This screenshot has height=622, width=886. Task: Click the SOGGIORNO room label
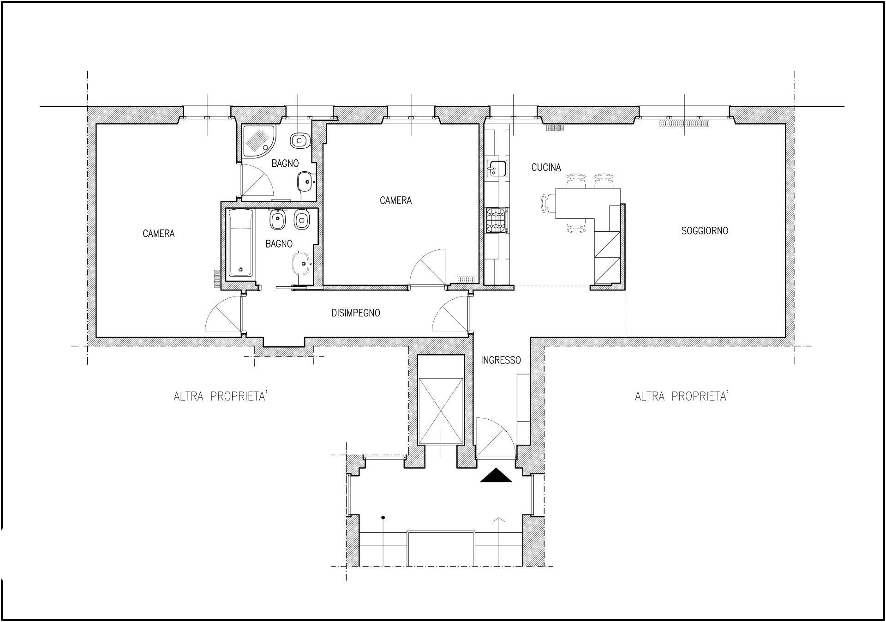coord(705,230)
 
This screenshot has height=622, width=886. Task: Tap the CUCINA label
coord(546,168)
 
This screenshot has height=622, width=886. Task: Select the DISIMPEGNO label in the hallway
coord(356,313)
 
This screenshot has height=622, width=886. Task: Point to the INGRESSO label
coord(501,360)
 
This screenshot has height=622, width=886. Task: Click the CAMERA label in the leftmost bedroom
coord(159,234)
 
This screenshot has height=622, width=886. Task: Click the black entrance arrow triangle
coord(496,476)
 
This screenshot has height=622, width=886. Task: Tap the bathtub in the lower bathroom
coord(241,243)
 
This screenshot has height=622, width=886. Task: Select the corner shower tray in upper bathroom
coord(259,140)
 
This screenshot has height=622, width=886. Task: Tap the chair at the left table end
coord(548,203)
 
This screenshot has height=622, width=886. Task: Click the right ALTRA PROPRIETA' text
coord(682,396)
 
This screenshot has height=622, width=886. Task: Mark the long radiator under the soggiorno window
coord(684,123)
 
